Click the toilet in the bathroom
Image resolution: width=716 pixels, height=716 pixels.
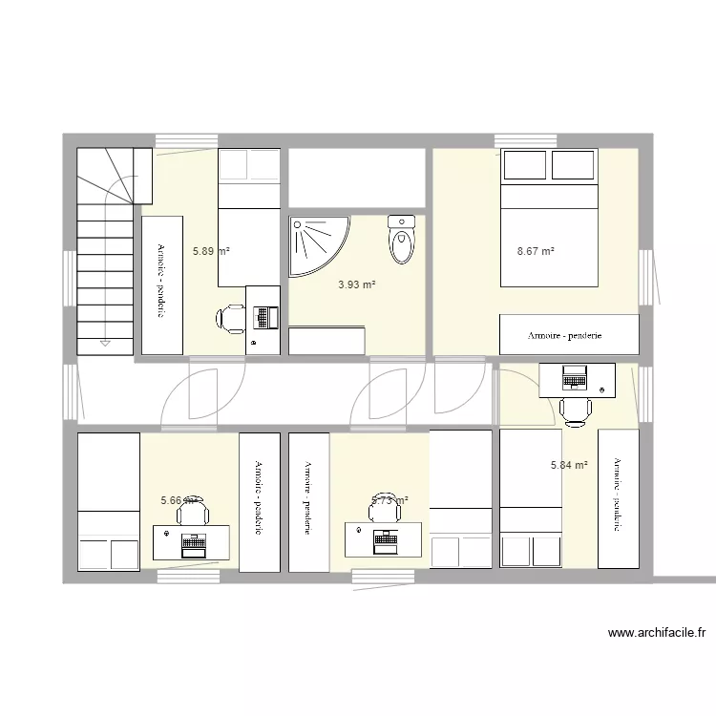[x=402, y=241]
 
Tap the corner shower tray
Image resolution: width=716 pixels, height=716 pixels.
[x=315, y=243]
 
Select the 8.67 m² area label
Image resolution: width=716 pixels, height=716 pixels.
[x=536, y=252]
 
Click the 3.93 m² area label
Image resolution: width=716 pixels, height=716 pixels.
[x=357, y=284]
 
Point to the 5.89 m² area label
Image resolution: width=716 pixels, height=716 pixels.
[x=211, y=251]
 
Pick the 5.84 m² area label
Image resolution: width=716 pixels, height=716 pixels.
[x=568, y=466]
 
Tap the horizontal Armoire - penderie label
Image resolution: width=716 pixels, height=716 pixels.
[x=569, y=336]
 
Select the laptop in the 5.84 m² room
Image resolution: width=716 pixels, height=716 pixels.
[x=575, y=377]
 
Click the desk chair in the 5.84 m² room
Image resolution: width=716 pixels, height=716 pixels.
[x=575, y=409]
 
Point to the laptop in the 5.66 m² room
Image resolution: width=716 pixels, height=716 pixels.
[x=193, y=544]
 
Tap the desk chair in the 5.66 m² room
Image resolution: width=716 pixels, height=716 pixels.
[x=193, y=515]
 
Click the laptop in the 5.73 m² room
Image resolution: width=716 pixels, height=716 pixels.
[x=387, y=540]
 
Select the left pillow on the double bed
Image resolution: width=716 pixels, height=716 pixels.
[x=524, y=166]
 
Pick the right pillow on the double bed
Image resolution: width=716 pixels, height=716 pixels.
[x=574, y=166]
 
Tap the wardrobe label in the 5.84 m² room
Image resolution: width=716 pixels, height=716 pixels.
[x=618, y=495]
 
